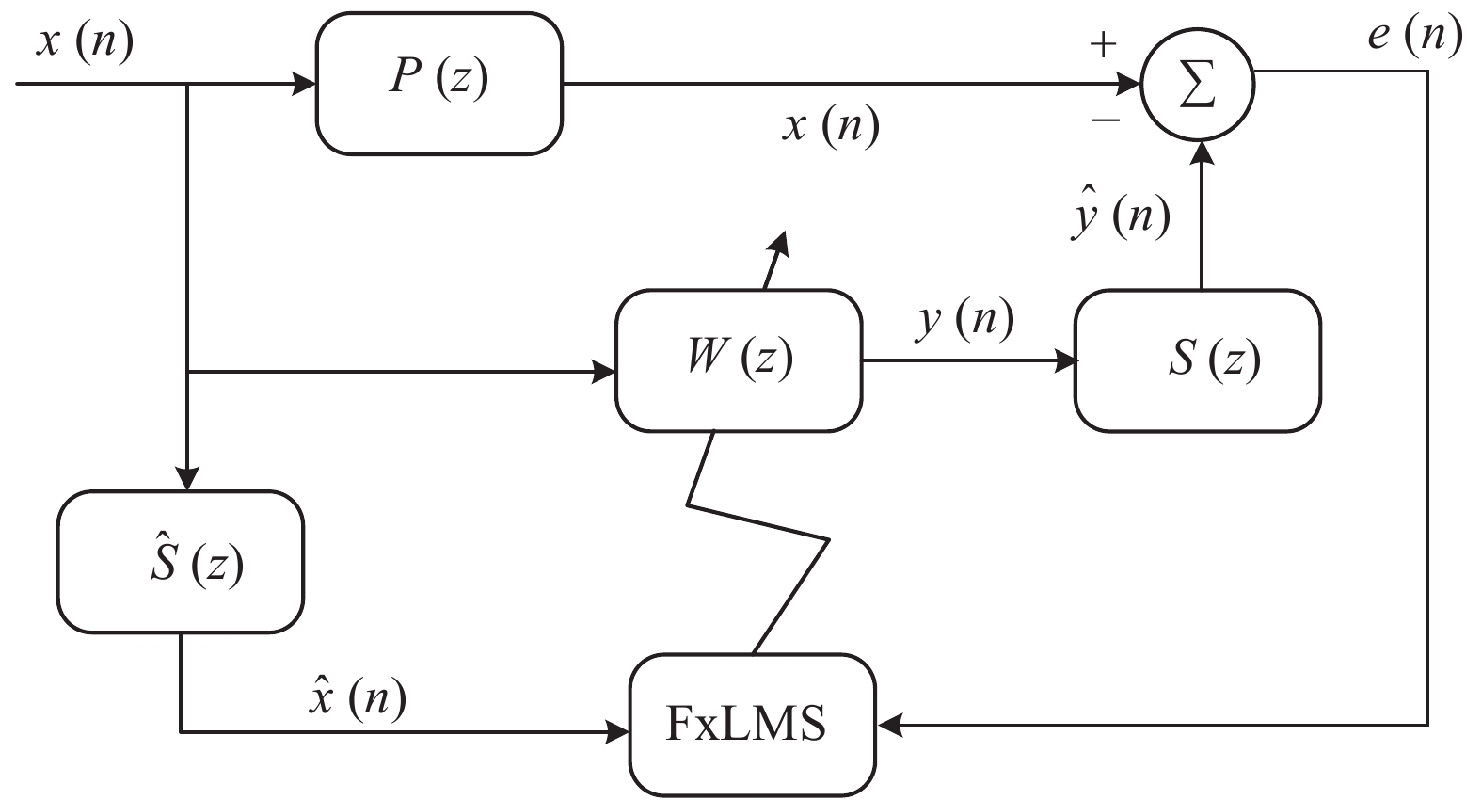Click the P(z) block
coord(438,84)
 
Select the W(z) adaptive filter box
coord(739,360)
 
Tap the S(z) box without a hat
coord(1197,360)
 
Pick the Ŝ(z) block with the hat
coord(181,562)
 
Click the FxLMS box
coord(752,725)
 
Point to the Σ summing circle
coord(1197,87)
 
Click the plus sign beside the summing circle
coord(1102,44)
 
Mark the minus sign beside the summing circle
coord(1106,120)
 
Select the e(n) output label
coord(1414,36)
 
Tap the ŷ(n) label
coord(1120,216)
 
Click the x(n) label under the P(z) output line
coord(830,125)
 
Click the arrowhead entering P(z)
coord(305,84)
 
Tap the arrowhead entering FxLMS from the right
coord(889,725)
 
